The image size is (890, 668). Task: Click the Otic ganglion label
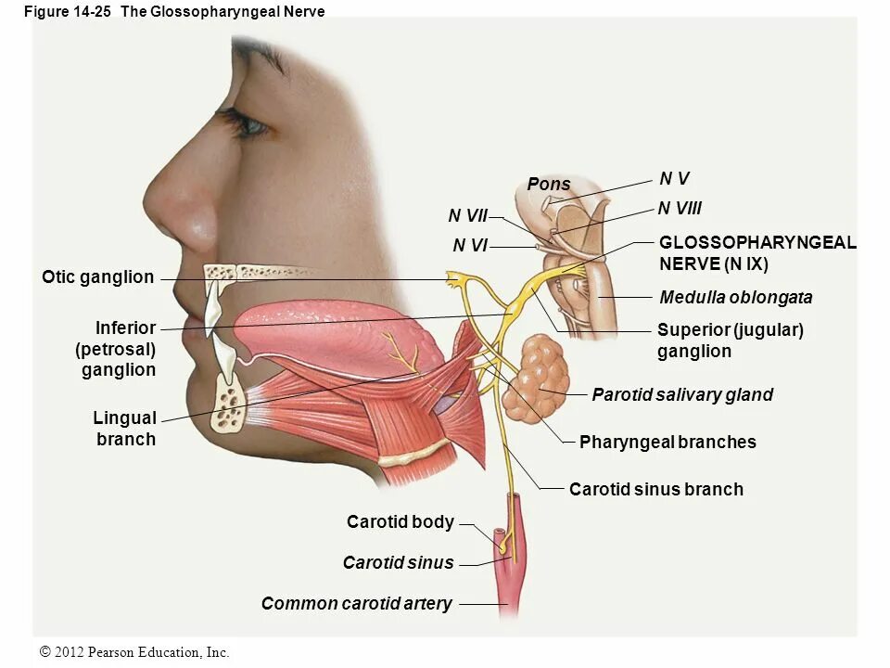tap(97, 276)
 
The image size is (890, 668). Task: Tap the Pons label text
tap(549, 185)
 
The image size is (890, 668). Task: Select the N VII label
tap(467, 216)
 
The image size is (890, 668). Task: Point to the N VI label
tap(470, 246)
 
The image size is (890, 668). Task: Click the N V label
tap(674, 178)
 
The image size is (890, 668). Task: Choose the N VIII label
tap(680, 210)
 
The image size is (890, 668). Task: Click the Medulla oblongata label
tap(735, 298)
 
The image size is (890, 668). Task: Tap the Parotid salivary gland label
tap(681, 395)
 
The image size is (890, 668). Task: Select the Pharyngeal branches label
tap(667, 443)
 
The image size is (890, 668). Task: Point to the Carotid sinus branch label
tap(655, 489)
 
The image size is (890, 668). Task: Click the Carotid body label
tap(400, 522)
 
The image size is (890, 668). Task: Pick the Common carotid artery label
tap(356, 604)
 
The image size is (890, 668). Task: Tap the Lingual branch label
tap(124, 429)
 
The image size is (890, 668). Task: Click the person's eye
tap(243, 122)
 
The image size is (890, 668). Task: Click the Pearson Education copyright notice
tap(135, 653)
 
